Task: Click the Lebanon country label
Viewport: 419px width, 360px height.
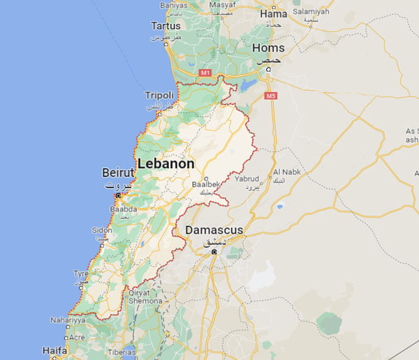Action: point(166,163)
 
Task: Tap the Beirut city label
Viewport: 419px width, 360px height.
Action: point(117,172)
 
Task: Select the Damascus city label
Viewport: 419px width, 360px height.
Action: point(214,230)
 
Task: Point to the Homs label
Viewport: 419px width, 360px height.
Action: point(269,48)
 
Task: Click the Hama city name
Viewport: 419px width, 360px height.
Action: point(273,13)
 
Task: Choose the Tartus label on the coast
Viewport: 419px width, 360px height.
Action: point(166,26)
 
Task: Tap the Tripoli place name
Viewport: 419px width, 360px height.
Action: point(159,95)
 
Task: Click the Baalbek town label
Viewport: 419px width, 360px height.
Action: point(204,184)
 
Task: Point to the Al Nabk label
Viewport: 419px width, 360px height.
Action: point(286,172)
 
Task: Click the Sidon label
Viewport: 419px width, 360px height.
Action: point(101,230)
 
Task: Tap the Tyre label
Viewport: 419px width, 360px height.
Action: point(82,273)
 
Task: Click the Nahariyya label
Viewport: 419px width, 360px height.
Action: point(68,320)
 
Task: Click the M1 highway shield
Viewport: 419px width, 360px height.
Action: point(205,73)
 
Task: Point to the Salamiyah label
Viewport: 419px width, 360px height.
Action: point(311,12)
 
